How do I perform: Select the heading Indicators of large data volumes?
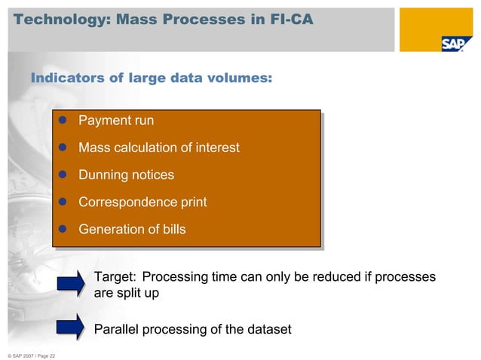click(151, 78)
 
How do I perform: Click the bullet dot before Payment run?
click(64, 121)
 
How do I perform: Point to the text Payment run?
click(116, 121)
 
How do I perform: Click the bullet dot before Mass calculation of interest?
click(64, 148)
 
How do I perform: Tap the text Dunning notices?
click(126, 175)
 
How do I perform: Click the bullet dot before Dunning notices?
click(64, 175)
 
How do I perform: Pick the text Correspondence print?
click(142, 203)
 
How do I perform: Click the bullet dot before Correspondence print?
click(64, 203)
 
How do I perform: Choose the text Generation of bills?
click(132, 230)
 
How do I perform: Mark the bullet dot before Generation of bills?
click(64, 230)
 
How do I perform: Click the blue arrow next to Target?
click(71, 283)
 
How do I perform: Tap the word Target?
click(115, 277)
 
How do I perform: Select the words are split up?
click(126, 293)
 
